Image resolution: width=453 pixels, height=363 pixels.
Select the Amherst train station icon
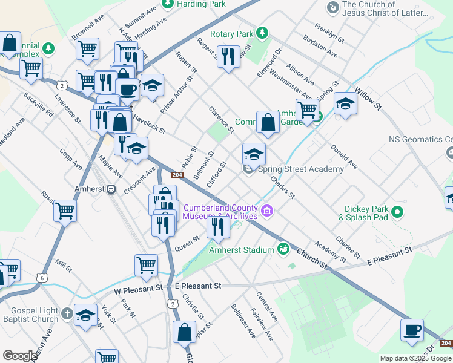(x=111, y=189)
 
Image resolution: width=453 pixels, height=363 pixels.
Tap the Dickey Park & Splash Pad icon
(x=397, y=212)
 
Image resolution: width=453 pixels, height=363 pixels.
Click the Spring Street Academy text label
(x=301, y=169)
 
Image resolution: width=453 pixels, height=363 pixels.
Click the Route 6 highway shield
(x=41, y=278)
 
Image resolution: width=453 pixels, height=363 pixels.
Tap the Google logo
(x=19, y=356)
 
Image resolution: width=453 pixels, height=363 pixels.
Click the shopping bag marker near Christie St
(x=184, y=332)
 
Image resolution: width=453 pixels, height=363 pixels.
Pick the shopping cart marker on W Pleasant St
(x=146, y=265)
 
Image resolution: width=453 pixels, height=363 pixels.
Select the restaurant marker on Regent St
(x=228, y=57)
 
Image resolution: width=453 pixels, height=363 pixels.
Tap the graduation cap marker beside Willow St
(x=345, y=102)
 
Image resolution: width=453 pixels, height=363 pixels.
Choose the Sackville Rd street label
(x=39, y=105)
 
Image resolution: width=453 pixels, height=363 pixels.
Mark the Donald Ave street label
(x=343, y=156)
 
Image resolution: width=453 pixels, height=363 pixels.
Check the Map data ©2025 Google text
(x=415, y=358)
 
